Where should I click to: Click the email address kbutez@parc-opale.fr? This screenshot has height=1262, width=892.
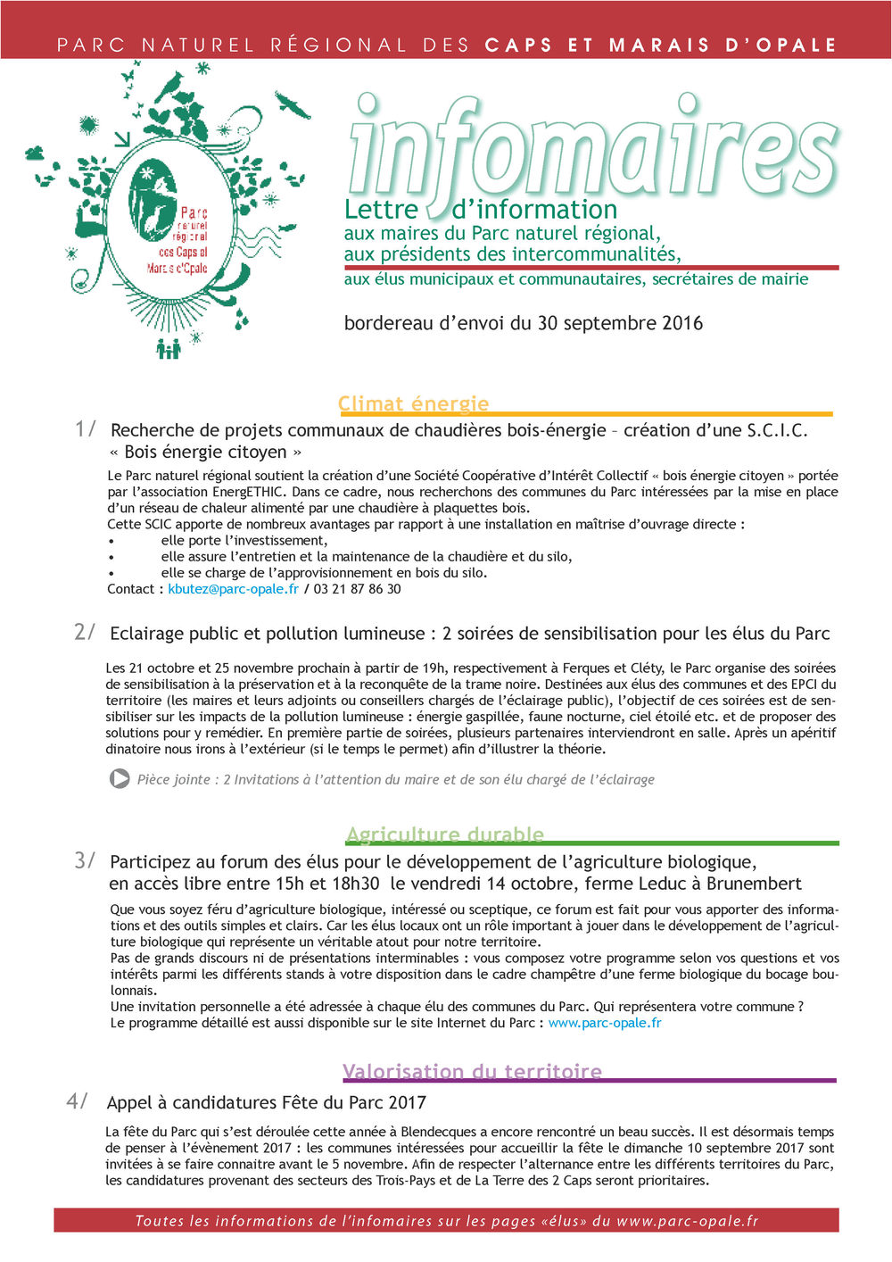click(x=233, y=589)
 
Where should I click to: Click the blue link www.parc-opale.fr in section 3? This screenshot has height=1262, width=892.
click(x=604, y=1023)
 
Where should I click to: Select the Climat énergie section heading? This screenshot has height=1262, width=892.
click(x=413, y=403)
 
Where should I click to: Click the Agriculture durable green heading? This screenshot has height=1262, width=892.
click(x=444, y=834)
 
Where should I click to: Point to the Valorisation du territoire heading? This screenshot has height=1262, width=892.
click(x=472, y=1071)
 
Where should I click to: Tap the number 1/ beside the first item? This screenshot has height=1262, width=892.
click(x=85, y=428)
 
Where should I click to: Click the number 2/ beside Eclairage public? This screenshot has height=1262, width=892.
click(x=84, y=632)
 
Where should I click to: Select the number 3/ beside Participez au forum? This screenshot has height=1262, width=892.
click(x=85, y=860)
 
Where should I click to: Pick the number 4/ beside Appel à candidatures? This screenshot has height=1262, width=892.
click(x=77, y=1101)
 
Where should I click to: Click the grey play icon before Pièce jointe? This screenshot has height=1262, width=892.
click(x=120, y=779)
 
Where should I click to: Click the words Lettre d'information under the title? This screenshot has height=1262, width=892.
click(x=481, y=211)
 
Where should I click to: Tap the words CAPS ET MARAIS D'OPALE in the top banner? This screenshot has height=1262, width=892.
click(x=660, y=45)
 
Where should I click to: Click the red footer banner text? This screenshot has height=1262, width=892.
click(x=446, y=1221)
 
